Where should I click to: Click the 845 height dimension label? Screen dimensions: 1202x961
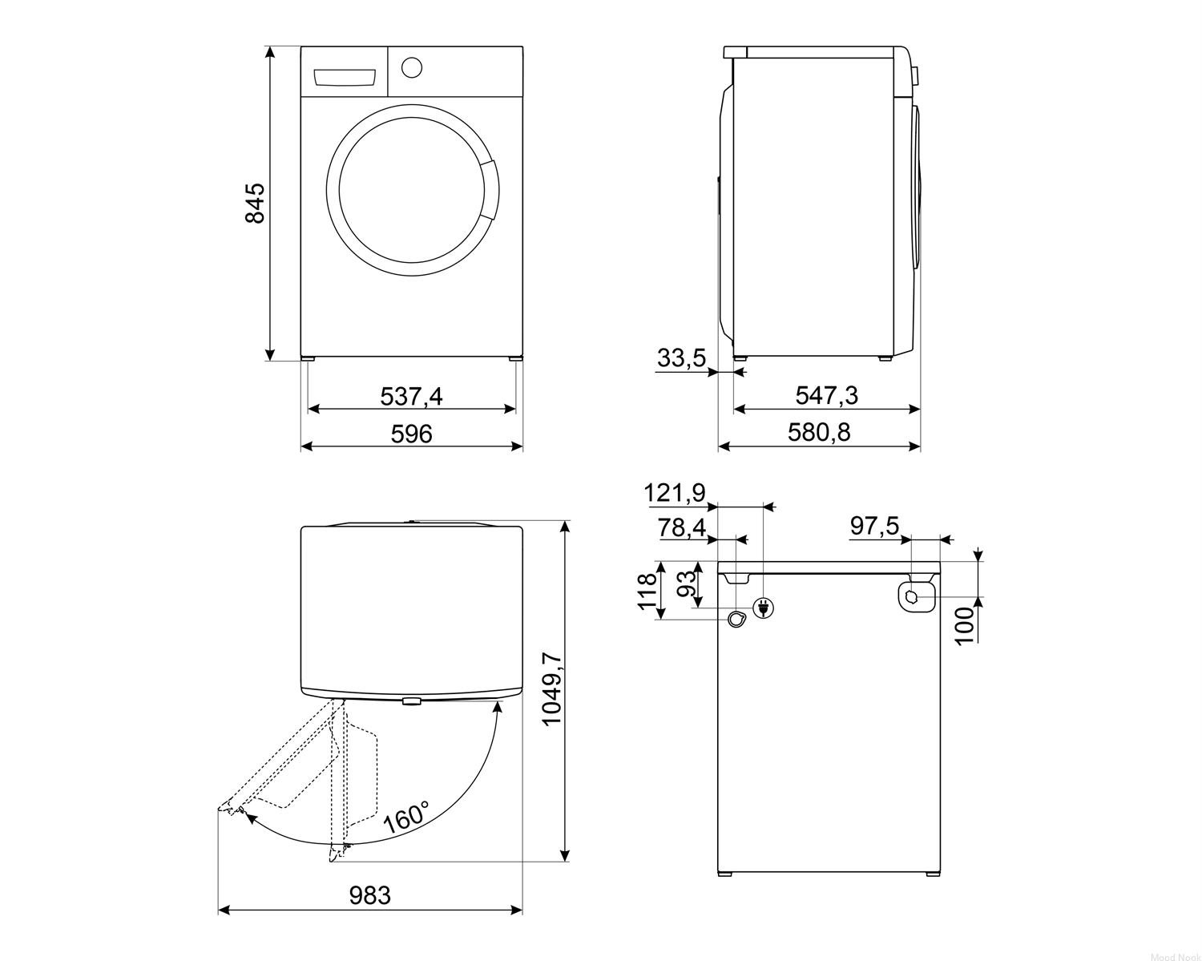point(256,203)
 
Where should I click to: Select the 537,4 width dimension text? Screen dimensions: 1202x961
point(412,396)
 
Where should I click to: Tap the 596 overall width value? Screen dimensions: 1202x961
point(412,434)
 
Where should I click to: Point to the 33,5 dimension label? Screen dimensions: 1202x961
point(681,357)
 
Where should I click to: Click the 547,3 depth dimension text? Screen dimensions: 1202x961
point(827,396)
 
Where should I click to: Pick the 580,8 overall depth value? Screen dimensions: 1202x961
point(819,433)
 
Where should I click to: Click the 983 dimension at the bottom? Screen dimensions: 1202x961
point(369,895)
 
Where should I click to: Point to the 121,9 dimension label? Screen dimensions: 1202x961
point(675,494)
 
